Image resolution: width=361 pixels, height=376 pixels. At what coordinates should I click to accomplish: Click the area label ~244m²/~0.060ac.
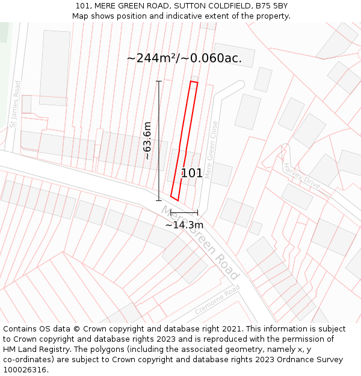(184, 58)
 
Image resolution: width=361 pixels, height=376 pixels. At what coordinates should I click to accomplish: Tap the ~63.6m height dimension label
(147, 140)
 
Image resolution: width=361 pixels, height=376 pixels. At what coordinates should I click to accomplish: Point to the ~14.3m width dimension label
(184, 225)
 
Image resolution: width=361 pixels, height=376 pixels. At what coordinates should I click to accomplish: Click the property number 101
(192, 173)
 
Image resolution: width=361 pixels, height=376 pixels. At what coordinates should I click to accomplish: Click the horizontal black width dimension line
(184, 212)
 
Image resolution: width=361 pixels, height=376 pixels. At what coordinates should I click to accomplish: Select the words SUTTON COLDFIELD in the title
(211, 6)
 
